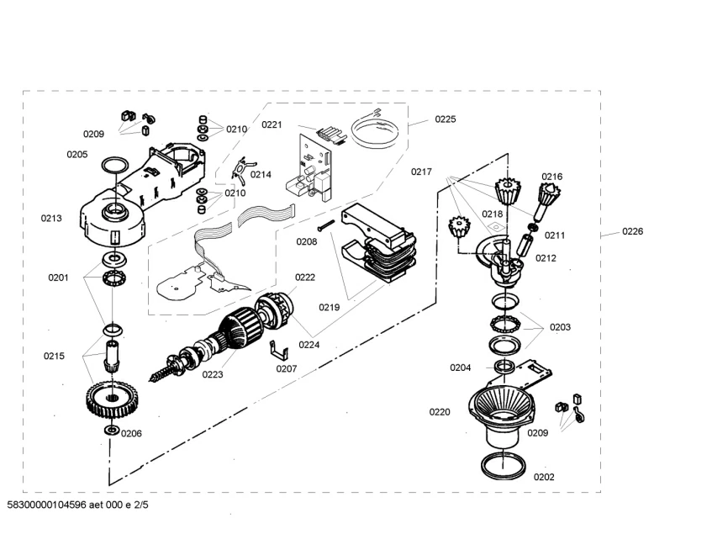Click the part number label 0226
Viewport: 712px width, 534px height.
pos(632,231)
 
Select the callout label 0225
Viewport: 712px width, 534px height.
pos(445,119)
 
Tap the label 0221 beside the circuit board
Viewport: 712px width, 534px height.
pos(272,125)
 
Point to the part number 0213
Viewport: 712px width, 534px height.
pos(51,219)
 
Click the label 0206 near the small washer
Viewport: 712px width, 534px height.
pos(131,433)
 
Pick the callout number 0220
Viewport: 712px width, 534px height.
pos(440,412)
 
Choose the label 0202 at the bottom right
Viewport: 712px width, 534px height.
pos(544,477)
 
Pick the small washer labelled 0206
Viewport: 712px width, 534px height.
pos(110,431)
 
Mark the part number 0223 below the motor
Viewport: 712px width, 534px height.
pos(212,374)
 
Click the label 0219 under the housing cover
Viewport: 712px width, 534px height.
pos(329,307)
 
